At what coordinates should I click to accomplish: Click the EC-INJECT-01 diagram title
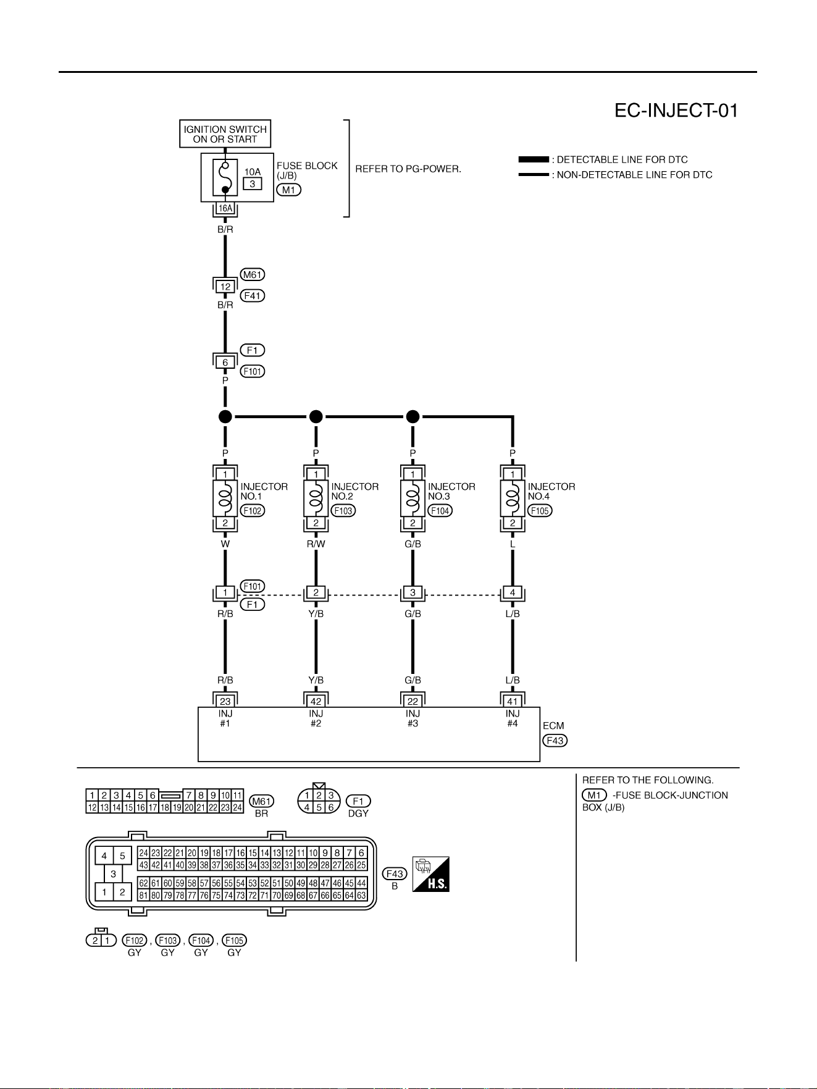(x=676, y=111)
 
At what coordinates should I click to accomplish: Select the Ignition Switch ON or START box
(x=225, y=134)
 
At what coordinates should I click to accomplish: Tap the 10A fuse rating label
(x=253, y=172)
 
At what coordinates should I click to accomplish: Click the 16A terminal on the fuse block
(x=225, y=209)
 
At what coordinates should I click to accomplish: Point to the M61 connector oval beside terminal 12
(x=253, y=275)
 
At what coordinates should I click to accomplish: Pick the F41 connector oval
(x=253, y=296)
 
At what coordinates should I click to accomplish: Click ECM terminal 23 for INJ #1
(x=225, y=701)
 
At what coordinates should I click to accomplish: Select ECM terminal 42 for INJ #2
(x=316, y=701)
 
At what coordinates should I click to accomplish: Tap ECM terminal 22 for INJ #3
(x=413, y=701)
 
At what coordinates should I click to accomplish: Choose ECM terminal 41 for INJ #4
(x=513, y=701)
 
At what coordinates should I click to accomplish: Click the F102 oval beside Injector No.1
(x=253, y=511)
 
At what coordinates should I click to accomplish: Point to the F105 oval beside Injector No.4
(x=540, y=511)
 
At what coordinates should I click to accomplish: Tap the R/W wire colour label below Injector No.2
(x=316, y=544)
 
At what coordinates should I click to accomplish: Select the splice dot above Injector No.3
(x=413, y=417)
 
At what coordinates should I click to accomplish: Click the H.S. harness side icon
(x=431, y=874)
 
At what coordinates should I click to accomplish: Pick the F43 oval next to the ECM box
(x=555, y=741)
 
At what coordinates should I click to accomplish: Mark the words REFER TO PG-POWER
(x=408, y=169)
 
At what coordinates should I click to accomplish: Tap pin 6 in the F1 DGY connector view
(x=331, y=807)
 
